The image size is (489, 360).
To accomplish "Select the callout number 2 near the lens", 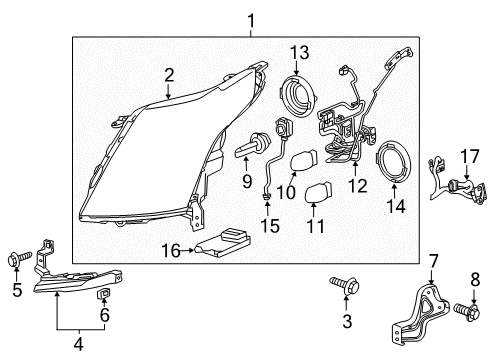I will [170, 74].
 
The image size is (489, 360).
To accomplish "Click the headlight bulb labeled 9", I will [248, 150].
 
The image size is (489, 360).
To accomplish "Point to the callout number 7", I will [434, 261].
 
